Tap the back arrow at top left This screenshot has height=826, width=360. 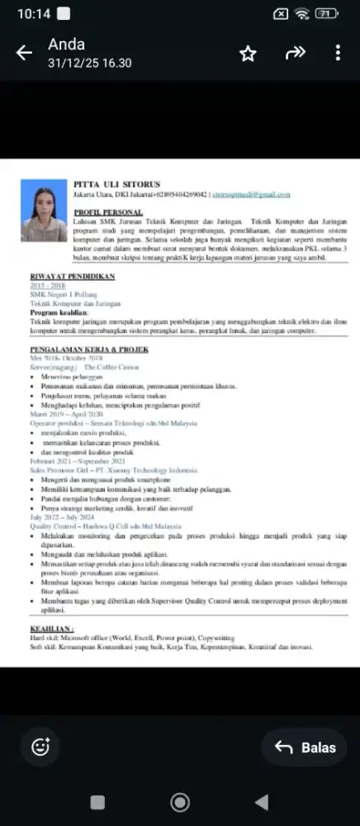[x=24, y=54]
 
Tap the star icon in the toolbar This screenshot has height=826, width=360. [x=248, y=54]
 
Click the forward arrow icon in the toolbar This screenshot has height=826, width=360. [x=295, y=53]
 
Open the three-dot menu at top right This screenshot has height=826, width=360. [x=338, y=53]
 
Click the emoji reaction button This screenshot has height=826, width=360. [x=40, y=747]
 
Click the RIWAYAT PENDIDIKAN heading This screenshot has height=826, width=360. [x=72, y=276]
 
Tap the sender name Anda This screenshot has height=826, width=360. [x=66, y=45]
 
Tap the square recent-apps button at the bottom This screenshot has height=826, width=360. [x=97, y=801]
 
